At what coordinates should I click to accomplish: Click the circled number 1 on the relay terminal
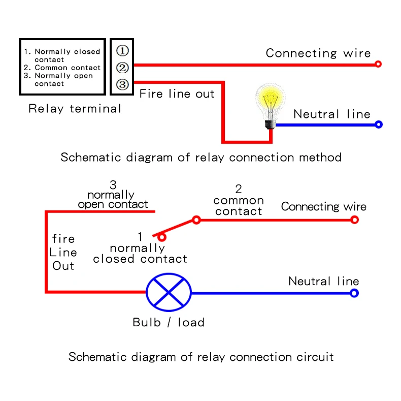point(122,51)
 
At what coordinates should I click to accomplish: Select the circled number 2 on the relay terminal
point(122,68)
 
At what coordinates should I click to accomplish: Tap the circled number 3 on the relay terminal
point(122,84)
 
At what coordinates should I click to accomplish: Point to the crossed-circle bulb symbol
point(169,293)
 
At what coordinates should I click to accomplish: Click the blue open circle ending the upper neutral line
point(378,124)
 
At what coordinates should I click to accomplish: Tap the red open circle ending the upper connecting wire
point(378,64)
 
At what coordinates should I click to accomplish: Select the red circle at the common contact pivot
point(196,220)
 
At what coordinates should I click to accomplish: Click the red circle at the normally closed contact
point(161,236)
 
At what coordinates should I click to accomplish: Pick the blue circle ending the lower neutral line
point(354,293)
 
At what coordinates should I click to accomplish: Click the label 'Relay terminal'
point(75,108)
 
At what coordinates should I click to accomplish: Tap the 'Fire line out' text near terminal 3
point(177,94)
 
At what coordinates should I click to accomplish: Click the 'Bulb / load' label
point(169,322)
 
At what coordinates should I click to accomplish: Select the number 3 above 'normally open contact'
point(113,184)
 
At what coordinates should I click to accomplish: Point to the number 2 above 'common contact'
point(238,189)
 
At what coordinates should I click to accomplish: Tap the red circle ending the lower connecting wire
point(354,220)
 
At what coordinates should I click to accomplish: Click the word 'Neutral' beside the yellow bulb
point(317,114)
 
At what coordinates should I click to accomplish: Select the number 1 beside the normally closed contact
point(140,237)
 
